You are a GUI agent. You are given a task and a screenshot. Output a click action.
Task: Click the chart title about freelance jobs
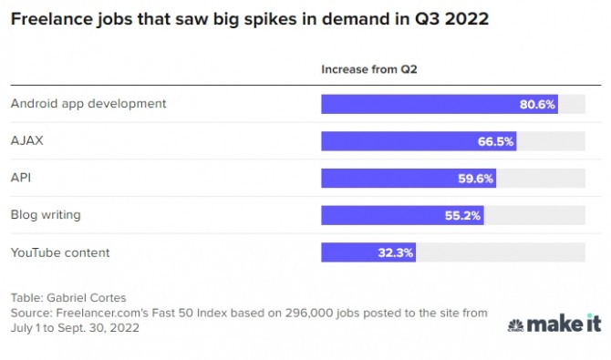(x=249, y=19)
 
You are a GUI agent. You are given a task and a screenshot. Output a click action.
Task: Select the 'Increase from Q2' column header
(x=369, y=69)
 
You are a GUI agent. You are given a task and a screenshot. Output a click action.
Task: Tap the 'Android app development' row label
(x=88, y=104)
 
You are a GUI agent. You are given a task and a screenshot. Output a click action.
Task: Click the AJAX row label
(x=26, y=140)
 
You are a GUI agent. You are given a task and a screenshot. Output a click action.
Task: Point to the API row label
(x=21, y=178)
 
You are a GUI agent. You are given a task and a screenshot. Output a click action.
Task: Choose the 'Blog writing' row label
(x=46, y=215)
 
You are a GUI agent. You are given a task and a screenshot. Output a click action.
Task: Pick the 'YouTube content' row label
(x=60, y=252)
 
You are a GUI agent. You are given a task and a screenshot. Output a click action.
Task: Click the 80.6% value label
(x=537, y=105)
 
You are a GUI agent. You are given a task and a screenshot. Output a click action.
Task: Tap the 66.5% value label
(x=495, y=141)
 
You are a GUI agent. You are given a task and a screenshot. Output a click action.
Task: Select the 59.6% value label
(x=475, y=179)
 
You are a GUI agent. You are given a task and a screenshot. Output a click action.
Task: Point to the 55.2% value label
(x=462, y=215)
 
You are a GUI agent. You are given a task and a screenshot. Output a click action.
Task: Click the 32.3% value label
(x=395, y=252)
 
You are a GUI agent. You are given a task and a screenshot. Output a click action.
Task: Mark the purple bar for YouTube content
(x=368, y=252)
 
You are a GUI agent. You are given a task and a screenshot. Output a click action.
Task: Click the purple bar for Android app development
(x=440, y=104)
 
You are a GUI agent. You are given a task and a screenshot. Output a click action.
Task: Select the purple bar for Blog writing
(x=402, y=215)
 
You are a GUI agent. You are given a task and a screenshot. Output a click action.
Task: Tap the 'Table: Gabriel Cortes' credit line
(x=68, y=298)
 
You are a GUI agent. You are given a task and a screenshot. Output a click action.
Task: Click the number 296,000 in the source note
(x=309, y=313)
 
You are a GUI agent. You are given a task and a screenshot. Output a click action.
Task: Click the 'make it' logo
(x=554, y=324)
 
